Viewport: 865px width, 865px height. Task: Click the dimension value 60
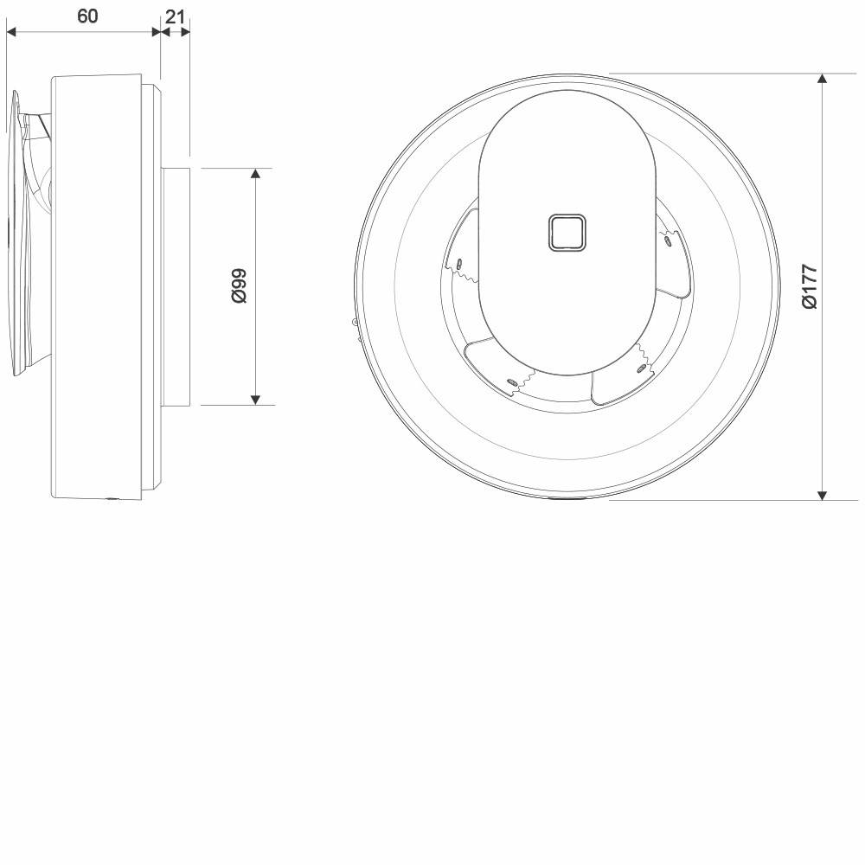pos(87,16)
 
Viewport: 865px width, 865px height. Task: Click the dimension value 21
pos(175,16)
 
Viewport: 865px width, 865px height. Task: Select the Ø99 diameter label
pos(239,285)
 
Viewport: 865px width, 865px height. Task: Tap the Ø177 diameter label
pos(810,287)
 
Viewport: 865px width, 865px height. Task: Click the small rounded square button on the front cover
pos(567,232)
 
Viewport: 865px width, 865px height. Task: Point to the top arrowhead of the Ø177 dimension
pos(822,79)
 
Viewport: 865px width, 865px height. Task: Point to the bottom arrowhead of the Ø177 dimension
pos(822,495)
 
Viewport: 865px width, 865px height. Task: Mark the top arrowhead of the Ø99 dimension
pos(255,173)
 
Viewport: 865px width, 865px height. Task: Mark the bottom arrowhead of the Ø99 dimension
pos(255,400)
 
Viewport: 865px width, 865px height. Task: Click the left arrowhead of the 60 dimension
pos(11,32)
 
